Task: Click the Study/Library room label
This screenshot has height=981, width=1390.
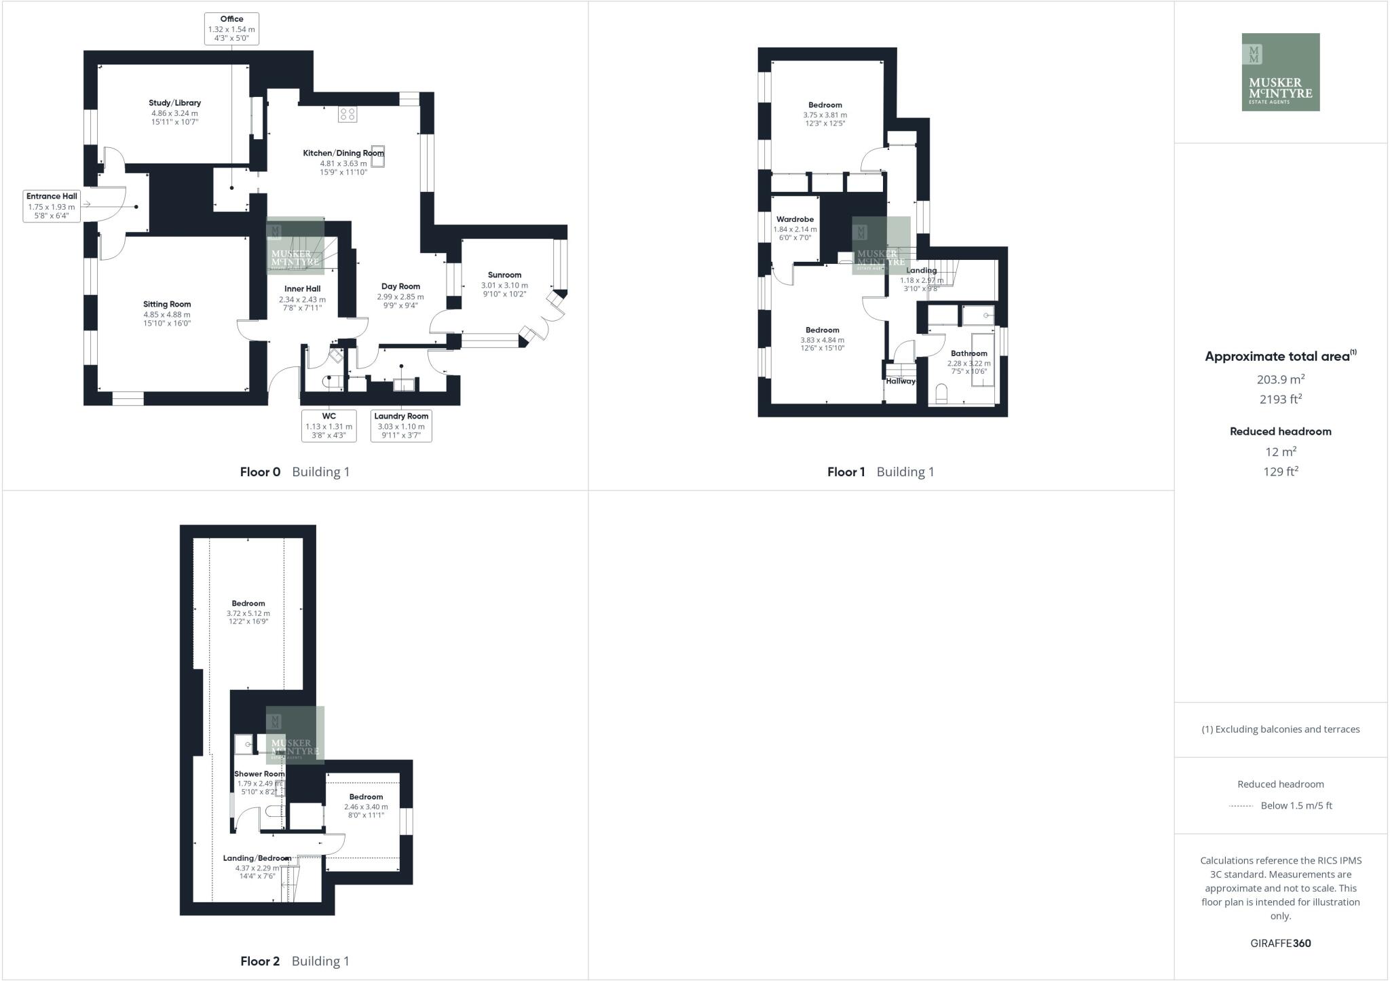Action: click(x=174, y=103)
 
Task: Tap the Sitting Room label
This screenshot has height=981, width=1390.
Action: click(x=166, y=305)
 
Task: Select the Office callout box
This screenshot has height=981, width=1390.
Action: click(x=231, y=28)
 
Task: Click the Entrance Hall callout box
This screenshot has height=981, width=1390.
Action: click(x=52, y=206)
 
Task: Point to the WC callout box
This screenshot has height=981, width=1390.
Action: click(x=328, y=425)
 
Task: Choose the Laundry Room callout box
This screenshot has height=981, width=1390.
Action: click(x=401, y=425)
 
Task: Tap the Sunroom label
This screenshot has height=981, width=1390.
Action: click(x=504, y=275)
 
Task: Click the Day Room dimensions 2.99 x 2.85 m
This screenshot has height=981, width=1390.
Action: click(x=400, y=296)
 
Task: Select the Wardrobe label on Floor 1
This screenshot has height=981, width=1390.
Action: click(x=795, y=220)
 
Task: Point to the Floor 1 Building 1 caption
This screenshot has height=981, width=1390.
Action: click(x=880, y=472)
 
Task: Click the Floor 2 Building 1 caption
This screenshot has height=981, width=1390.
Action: click(x=295, y=961)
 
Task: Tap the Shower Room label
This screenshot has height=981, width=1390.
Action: click(x=259, y=774)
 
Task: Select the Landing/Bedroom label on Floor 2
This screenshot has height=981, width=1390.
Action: click(x=257, y=858)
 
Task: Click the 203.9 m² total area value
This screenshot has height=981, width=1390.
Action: click(x=1280, y=379)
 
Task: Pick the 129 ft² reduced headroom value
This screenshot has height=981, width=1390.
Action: click(x=1280, y=472)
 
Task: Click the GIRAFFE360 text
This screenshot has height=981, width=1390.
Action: click(x=1280, y=943)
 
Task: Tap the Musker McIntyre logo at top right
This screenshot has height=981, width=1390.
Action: click(x=1280, y=72)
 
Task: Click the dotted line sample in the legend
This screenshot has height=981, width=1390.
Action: click(x=1241, y=806)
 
